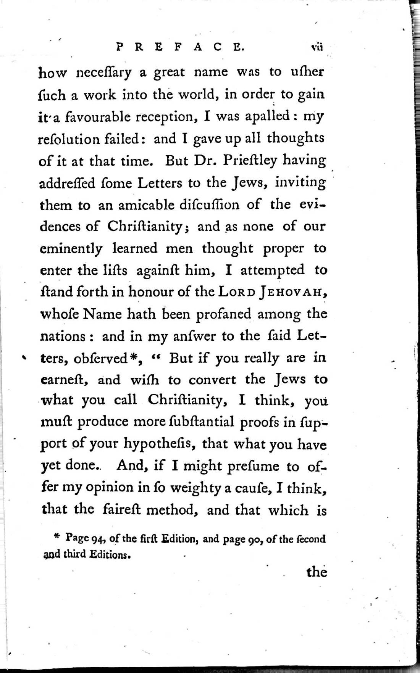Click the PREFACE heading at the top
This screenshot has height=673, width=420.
click(x=180, y=47)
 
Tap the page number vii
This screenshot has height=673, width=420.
click(x=317, y=47)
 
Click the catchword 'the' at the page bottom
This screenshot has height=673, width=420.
click(x=317, y=572)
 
